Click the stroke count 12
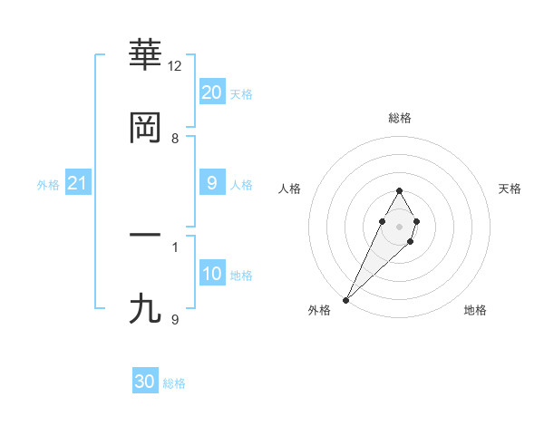coord(175,66)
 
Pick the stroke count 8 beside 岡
coord(175,138)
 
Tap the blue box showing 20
coord(211,92)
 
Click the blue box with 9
coord(211,183)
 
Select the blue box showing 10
coord(211,274)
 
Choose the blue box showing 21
coord(77,184)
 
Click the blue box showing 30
coord(145,382)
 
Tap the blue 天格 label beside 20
coord(241,94)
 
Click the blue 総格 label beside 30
coord(174,383)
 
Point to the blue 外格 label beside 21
coord(48,185)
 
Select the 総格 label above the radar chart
coord(399,118)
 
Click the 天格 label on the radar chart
coord(510,189)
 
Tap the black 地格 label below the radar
coord(475,310)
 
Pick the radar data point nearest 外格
coord(346,299)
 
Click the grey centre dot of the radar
coord(399,225)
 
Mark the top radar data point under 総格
coord(399,190)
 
